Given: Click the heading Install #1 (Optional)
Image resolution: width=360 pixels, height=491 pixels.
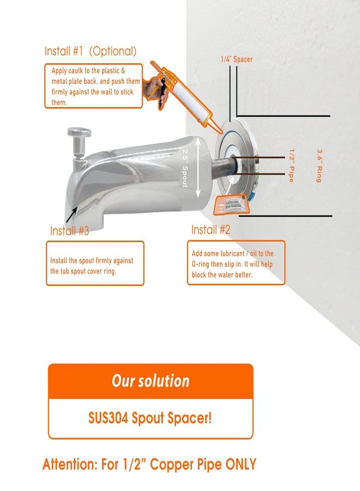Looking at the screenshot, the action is [x=91, y=51].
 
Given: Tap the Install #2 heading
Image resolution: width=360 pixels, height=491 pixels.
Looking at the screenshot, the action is [x=211, y=230].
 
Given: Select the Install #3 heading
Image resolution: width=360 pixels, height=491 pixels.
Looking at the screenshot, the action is [x=69, y=231].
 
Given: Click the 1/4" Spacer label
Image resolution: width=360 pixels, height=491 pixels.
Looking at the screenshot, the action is [x=237, y=59].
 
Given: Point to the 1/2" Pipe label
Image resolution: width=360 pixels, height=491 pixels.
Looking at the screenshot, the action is [x=291, y=166].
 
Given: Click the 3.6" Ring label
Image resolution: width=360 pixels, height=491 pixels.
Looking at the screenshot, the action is [x=319, y=166].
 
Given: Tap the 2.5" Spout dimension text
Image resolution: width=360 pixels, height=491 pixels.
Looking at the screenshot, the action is [x=185, y=168].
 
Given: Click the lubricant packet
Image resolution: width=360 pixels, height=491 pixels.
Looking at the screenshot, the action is [x=232, y=205].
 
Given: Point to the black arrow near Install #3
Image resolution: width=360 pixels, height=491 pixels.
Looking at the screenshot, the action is [x=71, y=215].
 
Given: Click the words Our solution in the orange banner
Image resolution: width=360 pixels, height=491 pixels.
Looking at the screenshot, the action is [x=151, y=381].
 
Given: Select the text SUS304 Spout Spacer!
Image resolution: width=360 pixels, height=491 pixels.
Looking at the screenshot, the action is [x=150, y=418].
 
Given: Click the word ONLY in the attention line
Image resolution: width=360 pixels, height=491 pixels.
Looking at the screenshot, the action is [x=241, y=464].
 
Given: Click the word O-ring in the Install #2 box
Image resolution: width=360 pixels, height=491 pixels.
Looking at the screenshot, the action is [x=201, y=264].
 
